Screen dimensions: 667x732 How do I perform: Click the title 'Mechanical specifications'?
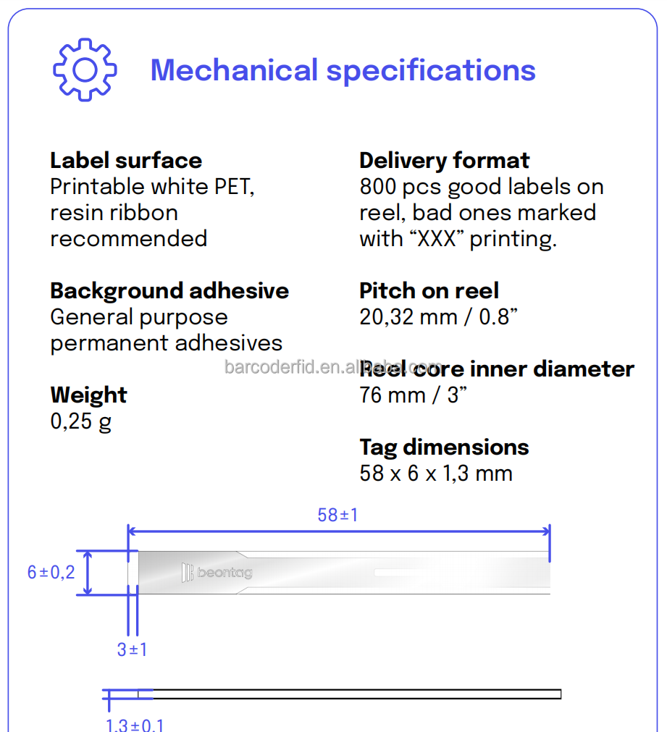point(343,70)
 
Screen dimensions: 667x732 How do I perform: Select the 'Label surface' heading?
point(126,161)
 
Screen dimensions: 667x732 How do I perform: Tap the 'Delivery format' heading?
point(444,161)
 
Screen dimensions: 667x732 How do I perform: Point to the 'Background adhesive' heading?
point(169,291)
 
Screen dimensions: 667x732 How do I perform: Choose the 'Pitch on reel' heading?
point(429,291)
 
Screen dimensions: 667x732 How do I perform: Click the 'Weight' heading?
point(88,395)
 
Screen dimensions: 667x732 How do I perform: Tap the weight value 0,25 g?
point(81,421)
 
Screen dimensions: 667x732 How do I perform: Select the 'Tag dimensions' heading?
point(444,447)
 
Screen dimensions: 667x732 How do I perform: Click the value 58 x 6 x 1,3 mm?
point(436,474)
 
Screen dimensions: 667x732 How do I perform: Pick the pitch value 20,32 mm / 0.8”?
point(438,317)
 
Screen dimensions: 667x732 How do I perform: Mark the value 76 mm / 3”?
point(413,395)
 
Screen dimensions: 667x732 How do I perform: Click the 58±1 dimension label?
point(337,515)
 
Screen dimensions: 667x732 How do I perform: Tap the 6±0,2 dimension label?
point(51,572)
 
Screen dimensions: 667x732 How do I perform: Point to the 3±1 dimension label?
point(133,649)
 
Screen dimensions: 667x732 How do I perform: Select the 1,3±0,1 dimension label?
point(135,725)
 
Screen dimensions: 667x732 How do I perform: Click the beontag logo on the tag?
point(217,572)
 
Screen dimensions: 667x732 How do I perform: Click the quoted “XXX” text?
point(437,239)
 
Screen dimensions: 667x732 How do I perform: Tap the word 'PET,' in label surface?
point(234,188)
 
